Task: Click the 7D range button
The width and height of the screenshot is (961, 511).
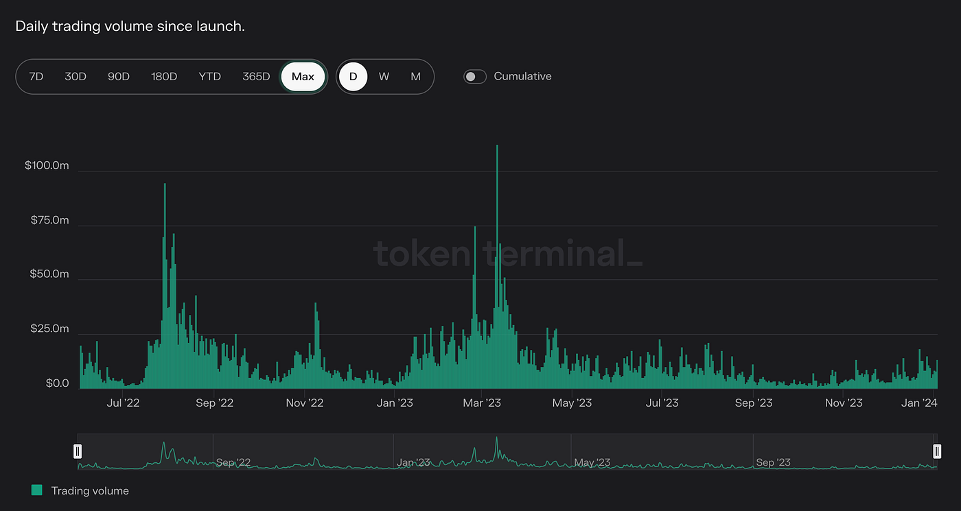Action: (36, 76)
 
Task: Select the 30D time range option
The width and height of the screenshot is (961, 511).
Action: (76, 76)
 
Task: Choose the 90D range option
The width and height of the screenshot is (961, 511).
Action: (119, 76)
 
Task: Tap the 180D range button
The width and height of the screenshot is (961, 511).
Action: (164, 76)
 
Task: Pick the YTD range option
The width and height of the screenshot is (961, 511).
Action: (209, 76)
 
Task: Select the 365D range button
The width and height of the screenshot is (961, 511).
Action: (256, 76)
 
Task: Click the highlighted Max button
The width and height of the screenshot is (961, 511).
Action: (303, 76)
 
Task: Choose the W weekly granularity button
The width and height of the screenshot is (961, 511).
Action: (384, 76)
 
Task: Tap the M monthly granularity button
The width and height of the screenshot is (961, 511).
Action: (415, 76)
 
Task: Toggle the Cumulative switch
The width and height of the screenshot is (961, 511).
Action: (475, 76)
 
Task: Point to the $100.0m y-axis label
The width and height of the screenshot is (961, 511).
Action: (47, 166)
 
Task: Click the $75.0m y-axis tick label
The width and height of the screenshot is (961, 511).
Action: (49, 220)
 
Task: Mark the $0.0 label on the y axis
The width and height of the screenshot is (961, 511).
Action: (57, 383)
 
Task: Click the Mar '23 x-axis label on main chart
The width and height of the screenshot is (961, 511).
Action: (482, 403)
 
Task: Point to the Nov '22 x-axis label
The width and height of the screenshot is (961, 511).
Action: (304, 403)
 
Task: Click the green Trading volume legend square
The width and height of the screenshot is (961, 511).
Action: (37, 490)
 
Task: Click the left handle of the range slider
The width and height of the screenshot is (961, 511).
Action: (78, 451)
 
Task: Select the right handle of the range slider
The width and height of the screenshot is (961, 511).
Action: (937, 451)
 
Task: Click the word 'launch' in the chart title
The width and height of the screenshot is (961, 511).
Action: (221, 27)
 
